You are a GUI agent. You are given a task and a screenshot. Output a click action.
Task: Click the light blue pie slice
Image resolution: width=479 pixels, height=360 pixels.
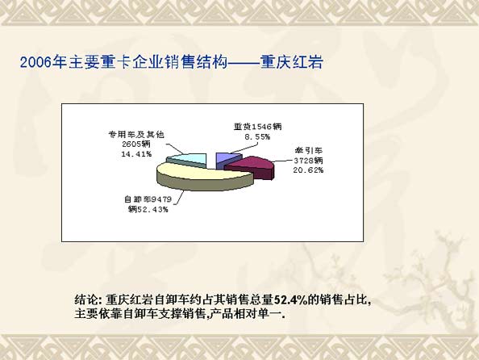click(188, 159)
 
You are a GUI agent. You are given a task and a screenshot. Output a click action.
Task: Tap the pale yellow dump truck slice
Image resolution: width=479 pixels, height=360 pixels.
click(202, 176)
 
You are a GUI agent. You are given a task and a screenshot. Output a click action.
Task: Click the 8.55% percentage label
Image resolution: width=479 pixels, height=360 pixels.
click(257, 136)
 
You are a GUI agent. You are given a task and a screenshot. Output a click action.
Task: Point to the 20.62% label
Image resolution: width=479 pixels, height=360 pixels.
click(308, 170)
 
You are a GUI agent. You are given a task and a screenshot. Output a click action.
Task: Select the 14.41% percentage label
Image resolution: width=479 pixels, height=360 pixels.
click(136, 154)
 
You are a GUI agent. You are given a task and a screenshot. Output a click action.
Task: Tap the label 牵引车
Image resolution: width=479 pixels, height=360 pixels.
click(309, 150)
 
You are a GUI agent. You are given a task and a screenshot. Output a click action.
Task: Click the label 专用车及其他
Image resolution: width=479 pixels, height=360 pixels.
click(136, 134)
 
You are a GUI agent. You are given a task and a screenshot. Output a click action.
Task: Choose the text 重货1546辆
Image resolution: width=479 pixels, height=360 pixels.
click(257, 126)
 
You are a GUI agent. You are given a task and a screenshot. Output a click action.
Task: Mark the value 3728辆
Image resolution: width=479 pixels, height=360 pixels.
click(308, 161)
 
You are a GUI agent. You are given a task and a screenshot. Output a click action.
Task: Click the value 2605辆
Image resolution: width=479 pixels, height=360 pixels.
click(136, 144)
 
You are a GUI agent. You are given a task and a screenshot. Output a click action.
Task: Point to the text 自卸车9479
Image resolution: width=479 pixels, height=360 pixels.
click(148, 199)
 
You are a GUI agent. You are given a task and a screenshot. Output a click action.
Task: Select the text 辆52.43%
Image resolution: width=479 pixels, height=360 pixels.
click(148, 210)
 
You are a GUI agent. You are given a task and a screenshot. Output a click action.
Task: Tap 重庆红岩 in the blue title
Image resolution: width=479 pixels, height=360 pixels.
click(292, 62)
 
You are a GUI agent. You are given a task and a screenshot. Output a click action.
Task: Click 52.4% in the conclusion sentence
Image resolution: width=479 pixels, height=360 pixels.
click(290, 299)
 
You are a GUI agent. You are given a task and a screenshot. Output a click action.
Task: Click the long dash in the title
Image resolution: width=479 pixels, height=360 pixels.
click(244, 63)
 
